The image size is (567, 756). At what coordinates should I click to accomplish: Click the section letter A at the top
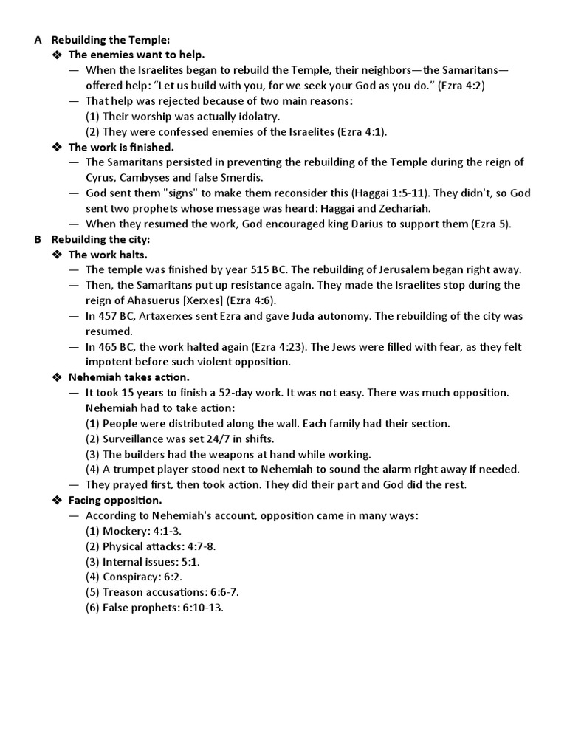point(38,40)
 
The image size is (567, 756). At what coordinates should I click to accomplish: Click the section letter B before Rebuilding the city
point(38,239)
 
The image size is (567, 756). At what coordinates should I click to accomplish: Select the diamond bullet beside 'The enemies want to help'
point(57,55)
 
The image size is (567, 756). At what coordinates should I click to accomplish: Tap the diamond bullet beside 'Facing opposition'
point(57,501)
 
